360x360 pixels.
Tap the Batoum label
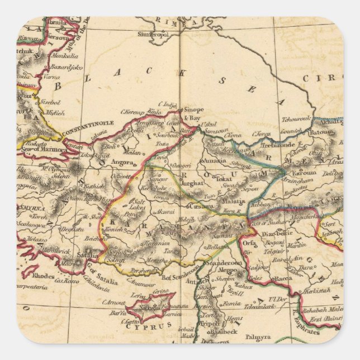coord(324,132)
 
